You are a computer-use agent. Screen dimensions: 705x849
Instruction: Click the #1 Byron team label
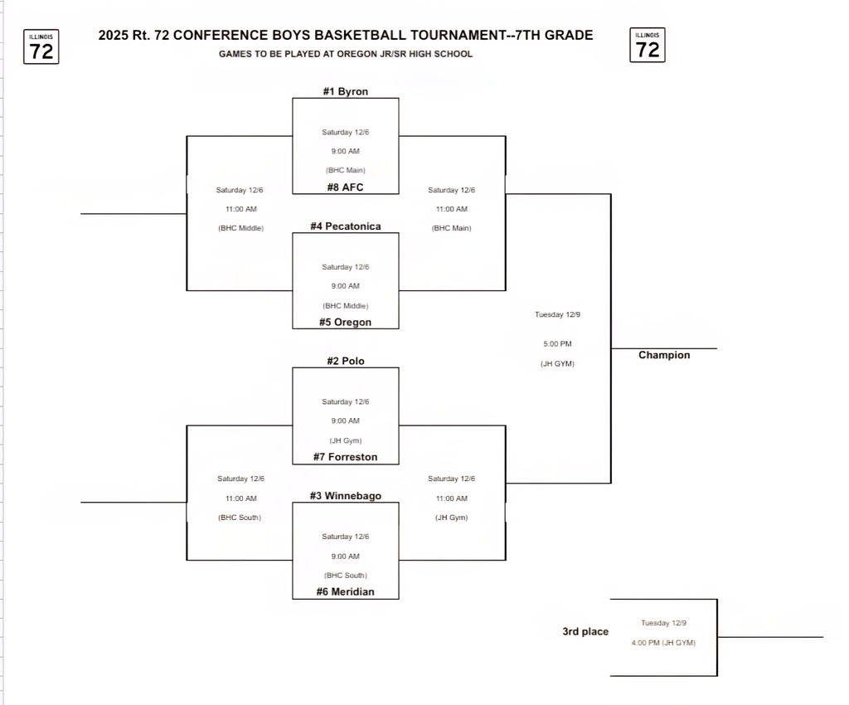tap(345, 91)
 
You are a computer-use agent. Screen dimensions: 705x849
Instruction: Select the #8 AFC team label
tap(345, 187)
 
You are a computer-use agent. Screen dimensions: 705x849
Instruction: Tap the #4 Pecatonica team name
tap(345, 226)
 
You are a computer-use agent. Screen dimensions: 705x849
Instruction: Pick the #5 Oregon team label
tap(345, 323)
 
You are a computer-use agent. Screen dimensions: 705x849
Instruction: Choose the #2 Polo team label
tap(345, 362)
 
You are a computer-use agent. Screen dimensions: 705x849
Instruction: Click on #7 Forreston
tap(345, 457)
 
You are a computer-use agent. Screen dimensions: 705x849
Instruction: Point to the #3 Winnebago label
tap(345, 496)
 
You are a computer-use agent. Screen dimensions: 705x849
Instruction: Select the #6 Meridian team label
tap(345, 592)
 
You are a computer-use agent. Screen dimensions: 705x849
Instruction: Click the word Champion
tap(664, 355)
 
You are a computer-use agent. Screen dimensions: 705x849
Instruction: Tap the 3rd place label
tap(585, 632)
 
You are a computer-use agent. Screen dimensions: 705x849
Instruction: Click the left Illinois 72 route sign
tap(41, 46)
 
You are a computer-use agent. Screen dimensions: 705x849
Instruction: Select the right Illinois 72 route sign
tap(648, 46)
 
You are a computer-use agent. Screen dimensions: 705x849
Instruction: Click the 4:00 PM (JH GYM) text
tap(663, 643)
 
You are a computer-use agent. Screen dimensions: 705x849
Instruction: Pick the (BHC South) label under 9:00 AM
tap(345, 575)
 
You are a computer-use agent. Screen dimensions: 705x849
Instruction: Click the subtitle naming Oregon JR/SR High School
tap(346, 54)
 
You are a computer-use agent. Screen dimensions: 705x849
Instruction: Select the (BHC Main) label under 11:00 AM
tap(451, 228)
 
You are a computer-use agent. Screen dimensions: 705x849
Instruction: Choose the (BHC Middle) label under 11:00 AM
tap(240, 228)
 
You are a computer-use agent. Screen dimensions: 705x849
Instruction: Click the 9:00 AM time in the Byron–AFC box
tap(345, 151)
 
